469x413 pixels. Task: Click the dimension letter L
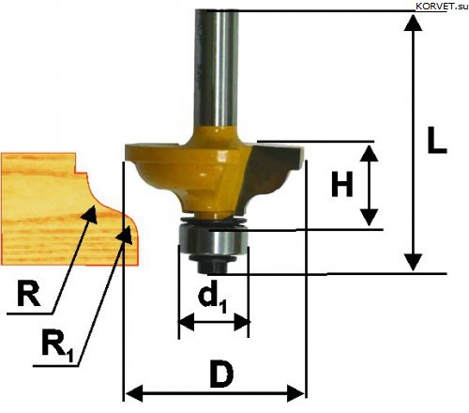pyautogui.click(x=436, y=140)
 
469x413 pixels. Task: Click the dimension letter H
pyautogui.click(x=342, y=184)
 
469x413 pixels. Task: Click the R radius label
pyautogui.click(x=28, y=293)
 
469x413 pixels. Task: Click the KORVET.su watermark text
pyautogui.click(x=442, y=7)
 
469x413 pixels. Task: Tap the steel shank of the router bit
pyautogui.click(x=217, y=68)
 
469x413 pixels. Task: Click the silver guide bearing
pyautogui.click(x=213, y=240)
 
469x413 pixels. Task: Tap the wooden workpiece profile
pyautogui.click(x=68, y=209)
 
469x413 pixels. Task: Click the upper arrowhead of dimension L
pyautogui.click(x=414, y=23)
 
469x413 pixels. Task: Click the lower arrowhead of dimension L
pyautogui.click(x=414, y=262)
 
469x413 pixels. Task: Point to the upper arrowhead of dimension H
pyautogui.click(x=369, y=153)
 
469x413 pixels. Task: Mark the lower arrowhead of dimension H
pyautogui.click(x=369, y=218)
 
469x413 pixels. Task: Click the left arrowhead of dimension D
pyautogui.click(x=134, y=393)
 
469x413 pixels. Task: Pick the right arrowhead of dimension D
pyautogui.click(x=295, y=393)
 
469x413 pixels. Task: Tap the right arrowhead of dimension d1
pyautogui.click(x=242, y=322)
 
